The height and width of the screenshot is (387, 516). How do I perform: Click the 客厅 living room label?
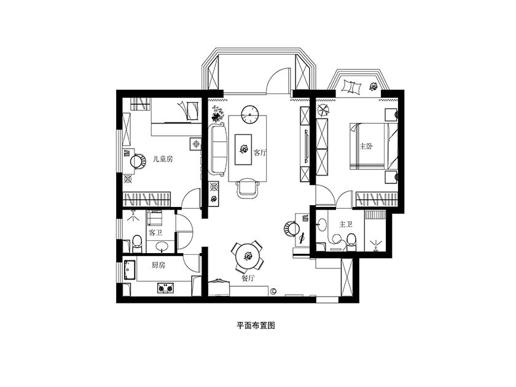pyautogui.click(x=260, y=152)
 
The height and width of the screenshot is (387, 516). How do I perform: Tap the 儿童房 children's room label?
pyautogui.click(x=163, y=159)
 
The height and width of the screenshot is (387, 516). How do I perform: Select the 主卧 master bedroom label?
pyautogui.click(x=366, y=146)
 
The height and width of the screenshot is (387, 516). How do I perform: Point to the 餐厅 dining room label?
pyautogui.click(x=248, y=278)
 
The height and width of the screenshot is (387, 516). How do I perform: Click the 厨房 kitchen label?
pyautogui.click(x=158, y=265)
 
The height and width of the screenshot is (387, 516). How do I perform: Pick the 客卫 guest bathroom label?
pyautogui.click(x=155, y=233)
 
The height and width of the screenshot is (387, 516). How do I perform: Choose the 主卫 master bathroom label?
pyautogui.click(x=345, y=224)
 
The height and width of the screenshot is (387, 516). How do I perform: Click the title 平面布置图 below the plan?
pyautogui.click(x=256, y=326)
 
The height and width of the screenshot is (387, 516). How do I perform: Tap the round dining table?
pyautogui.click(x=247, y=256)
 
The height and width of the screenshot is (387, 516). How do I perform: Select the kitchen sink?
pyautogui.click(x=130, y=270)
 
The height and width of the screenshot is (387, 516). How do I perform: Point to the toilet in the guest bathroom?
pyautogui.click(x=136, y=243)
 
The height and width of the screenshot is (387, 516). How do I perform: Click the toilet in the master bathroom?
pyautogui.click(x=351, y=241)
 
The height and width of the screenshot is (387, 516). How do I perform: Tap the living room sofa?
pyautogui.click(x=219, y=149)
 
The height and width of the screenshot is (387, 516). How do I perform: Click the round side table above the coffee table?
pyautogui.click(x=250, y=114)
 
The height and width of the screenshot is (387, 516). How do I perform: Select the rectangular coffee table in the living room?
pyautogui.click(x=243, y=149)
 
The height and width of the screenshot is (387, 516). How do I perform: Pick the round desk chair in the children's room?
pyautogui.click(x=137, y=161)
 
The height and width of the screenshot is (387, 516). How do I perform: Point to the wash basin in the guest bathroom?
pyautogui.click(x=162, y=246)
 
